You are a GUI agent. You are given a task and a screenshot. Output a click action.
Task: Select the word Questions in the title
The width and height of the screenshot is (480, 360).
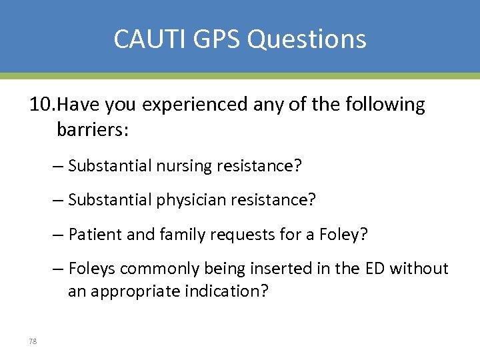click(x=307, y=39)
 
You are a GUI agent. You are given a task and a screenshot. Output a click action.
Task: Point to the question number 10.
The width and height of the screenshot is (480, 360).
click(x=41, y=105)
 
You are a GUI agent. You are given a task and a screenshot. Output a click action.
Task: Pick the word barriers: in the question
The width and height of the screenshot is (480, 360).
click(x=93, y=129)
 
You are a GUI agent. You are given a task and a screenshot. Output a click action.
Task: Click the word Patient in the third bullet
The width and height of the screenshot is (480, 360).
click(x=93, y=234)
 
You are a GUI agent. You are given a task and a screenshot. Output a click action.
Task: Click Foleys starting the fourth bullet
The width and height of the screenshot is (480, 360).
click(x=91, y=269)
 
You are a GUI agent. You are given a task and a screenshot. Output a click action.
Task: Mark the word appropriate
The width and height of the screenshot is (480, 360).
click(x=130, y=292)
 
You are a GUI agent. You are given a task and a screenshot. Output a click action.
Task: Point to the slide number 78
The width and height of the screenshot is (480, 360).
click(x=33, y=341)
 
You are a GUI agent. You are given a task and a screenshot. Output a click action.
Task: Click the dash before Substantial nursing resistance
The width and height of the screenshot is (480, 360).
click(x=59, y=166)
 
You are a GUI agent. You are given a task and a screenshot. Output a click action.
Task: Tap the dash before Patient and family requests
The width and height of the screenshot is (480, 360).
click(x=59, y=235)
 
